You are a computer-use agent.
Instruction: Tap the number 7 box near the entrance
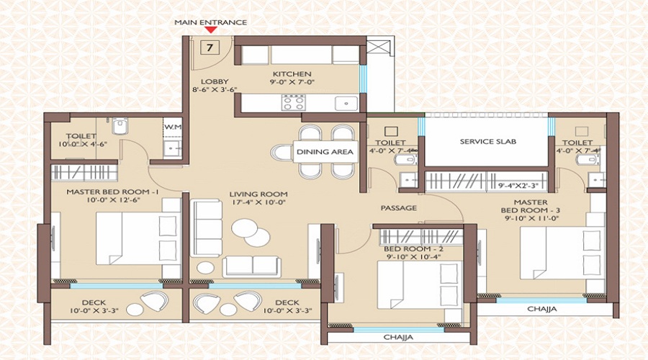pos(209,48)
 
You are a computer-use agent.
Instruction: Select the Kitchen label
pos(292,74)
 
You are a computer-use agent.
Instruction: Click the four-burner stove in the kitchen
pos(291,103)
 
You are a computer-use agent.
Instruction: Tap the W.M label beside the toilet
pos(172,128)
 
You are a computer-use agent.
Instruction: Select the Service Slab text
pos(488,142)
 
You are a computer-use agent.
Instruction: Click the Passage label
pos(399,208)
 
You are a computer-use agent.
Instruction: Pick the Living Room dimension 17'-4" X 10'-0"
pos(258,203)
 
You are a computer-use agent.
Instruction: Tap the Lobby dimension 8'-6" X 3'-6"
pos(214,89)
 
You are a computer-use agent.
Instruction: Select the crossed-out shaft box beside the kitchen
pos(376,50)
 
